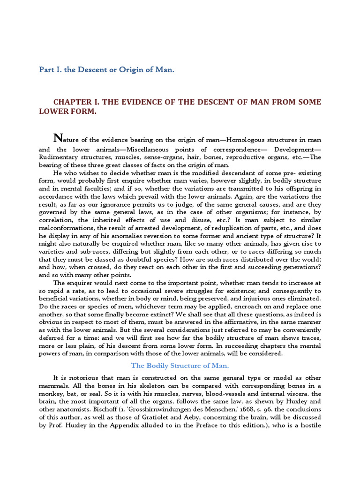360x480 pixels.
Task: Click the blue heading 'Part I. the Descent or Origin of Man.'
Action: [106, 70]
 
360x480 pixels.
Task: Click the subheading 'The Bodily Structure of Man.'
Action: [180, 366]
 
